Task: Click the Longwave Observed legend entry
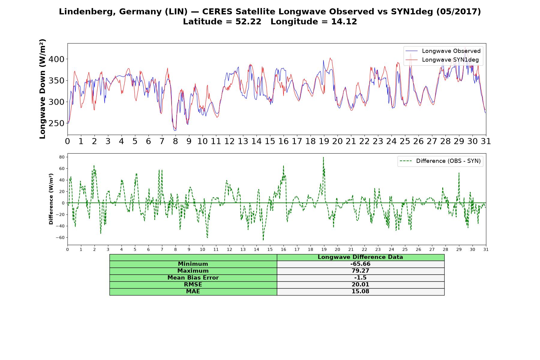pyautogui.click(x=443, y=51)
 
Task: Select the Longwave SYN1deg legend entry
pyautogui.click(x=442, y=60)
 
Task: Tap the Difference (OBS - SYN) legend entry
pyautogui.click(x=440, y=161)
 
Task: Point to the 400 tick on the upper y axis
pyautogui.click(x=57, y=59)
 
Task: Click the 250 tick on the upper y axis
pyautogui.click(x=57, y=123)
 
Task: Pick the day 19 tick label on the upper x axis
pyautogui.click(x=324, y=141)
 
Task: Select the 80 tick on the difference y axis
pyautogui.click(x=62, y=157)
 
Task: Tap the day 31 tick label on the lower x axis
pyautogui.click(x=486, y=249)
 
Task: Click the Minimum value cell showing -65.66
pyautogui.click(x=360, y=264)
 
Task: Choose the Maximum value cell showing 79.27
pyautogui.click(x=360, y=271)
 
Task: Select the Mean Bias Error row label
pyautogui.click(x=193, y=278)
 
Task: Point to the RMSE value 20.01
pyautogui.click(x=360, y=285)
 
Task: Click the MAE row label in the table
pyautogui.click(x=193, y=292)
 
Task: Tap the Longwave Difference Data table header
pyautogui.click(x=360, y=257)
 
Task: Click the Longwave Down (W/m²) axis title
pyautogui.click(x=42, y=89)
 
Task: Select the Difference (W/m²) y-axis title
pyautogui.click(x=51, y=199)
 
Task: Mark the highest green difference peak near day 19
pyautogui.click(x=323, y=157)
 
